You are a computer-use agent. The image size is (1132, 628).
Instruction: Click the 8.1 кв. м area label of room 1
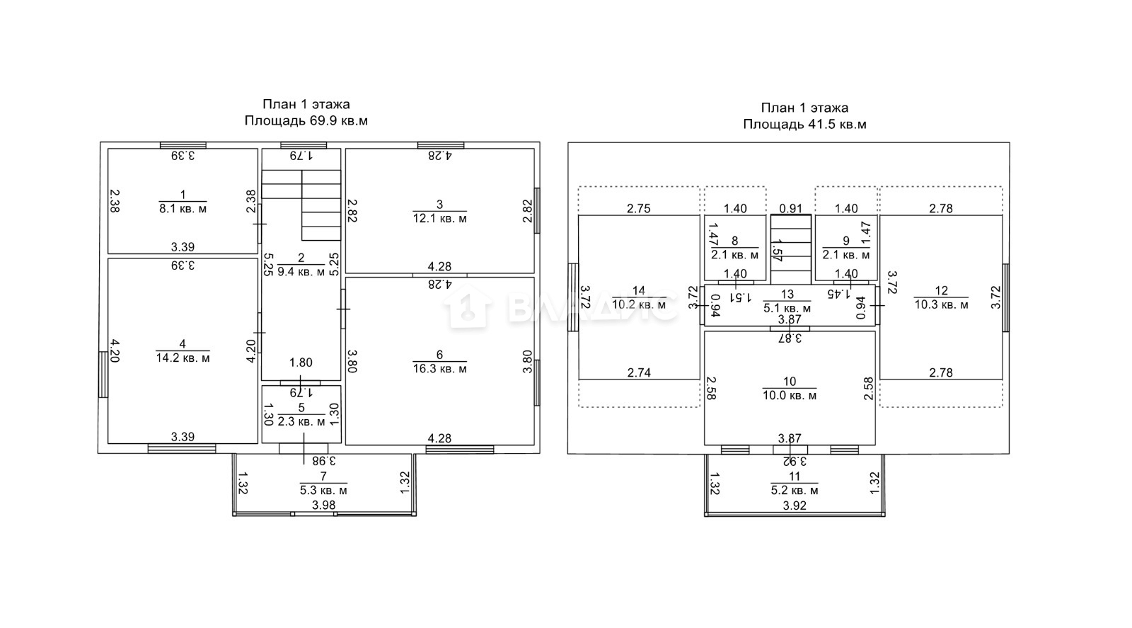[183, 208]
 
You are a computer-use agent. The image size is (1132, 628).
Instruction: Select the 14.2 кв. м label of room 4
[183, 358]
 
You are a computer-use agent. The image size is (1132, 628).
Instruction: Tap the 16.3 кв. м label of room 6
[439, 369]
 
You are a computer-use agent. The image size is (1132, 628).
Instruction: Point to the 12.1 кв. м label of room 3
[439, 219]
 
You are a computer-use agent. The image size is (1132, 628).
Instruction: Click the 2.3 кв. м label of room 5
[301, 421]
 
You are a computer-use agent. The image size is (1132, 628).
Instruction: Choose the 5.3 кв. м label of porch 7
[323, 490]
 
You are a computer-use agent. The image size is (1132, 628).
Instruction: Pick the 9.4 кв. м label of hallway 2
[301, 272]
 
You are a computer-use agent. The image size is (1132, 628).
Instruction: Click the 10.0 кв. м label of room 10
[790, 395]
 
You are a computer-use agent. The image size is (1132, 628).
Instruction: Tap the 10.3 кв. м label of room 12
[942, 305]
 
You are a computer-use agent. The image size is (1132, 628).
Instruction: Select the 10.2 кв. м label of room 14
[639, 304]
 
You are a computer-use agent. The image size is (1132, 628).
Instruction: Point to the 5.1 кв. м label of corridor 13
[787, 308]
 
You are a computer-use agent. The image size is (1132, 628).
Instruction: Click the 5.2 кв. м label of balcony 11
[795, 490]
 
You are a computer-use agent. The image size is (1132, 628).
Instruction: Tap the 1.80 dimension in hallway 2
[301, 362]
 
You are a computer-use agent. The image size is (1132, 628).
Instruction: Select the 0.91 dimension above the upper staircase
[791, 208]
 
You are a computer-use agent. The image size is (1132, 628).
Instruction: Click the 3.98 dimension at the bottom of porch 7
[323, 505]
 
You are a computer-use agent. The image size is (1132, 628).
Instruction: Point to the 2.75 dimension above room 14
[639, 208]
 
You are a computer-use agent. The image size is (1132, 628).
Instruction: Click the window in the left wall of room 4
[103, 375]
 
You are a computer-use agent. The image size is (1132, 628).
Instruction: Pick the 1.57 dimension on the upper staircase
[778, 251]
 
